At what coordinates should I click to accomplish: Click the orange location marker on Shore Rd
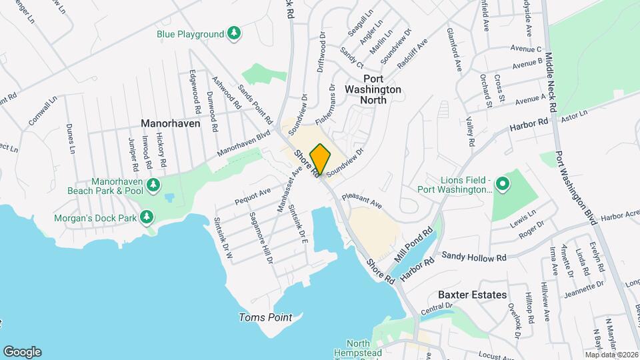click(320, 159)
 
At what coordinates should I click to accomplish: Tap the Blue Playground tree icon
click(233, 33)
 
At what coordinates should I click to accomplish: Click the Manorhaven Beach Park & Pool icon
click(154, 185)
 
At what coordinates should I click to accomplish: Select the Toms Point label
click(265, 317)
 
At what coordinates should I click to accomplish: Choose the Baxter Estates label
click(472, 295)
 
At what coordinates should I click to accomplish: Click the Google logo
click(22, 351)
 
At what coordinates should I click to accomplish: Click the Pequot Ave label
click(253, 196)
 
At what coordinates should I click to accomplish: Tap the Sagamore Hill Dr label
click(261, 237)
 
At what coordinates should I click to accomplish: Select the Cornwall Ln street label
click(39, 114)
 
